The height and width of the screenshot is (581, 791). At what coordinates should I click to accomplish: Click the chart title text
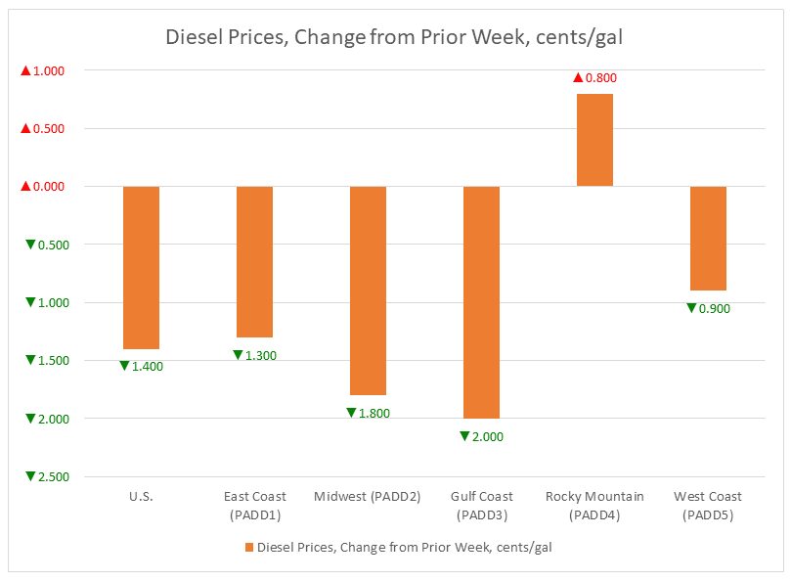[395, 38]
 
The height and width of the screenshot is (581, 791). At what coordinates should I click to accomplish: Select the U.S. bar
[141, 267]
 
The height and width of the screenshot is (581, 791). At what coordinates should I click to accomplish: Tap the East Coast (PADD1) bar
[254, 261]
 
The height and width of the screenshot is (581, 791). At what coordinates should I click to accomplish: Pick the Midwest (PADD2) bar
[368, 290]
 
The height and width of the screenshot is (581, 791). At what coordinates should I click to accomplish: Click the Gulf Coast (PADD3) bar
[481, 301]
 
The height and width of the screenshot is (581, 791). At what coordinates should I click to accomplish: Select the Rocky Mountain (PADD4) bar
[594, 140]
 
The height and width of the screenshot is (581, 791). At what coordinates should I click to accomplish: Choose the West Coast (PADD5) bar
[708, 238]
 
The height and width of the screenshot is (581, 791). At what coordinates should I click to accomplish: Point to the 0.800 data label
[594, 77]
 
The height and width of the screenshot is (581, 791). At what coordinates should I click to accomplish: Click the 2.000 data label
[481, 436]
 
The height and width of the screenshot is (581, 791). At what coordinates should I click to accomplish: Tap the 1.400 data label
[141, 366]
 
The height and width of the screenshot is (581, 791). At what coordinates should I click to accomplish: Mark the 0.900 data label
[708, 308]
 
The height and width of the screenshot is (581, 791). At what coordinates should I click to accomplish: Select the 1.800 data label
[368, 413]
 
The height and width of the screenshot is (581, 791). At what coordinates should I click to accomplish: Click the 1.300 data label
[254, 355]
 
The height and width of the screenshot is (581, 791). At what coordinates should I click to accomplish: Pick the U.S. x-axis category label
[141, 496]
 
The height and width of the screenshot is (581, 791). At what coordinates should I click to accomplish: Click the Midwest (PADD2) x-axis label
[368, 496]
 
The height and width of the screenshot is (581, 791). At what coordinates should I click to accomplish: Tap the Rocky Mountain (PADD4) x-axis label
[594, 505]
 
